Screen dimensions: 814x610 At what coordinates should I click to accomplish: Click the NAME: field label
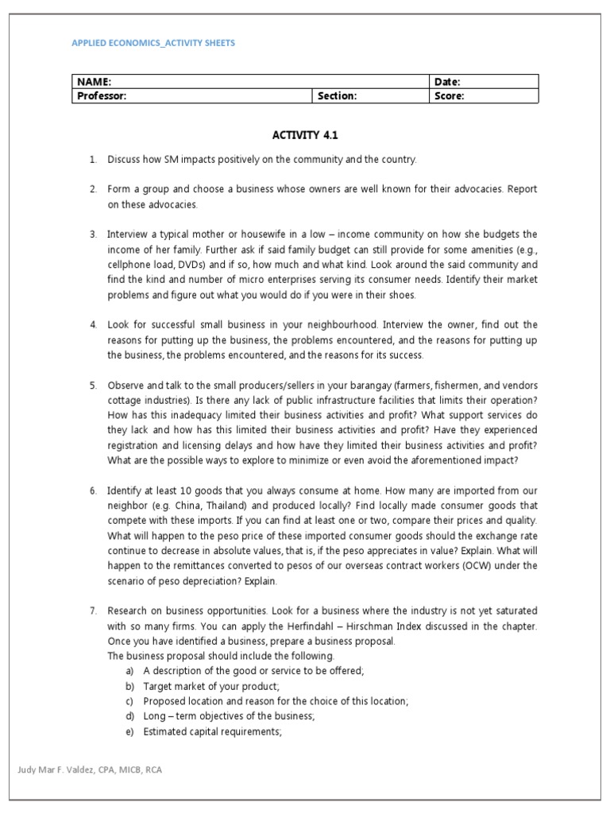pos(93,82)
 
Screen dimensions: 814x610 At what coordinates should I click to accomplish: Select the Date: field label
pos(447,82)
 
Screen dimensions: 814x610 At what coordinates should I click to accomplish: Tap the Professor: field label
pos(102,96)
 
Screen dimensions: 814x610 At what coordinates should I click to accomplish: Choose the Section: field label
pos(338,96)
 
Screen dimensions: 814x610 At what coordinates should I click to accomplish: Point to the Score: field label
pos(449,96)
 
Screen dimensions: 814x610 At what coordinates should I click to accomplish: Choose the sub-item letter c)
pos(130,701)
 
